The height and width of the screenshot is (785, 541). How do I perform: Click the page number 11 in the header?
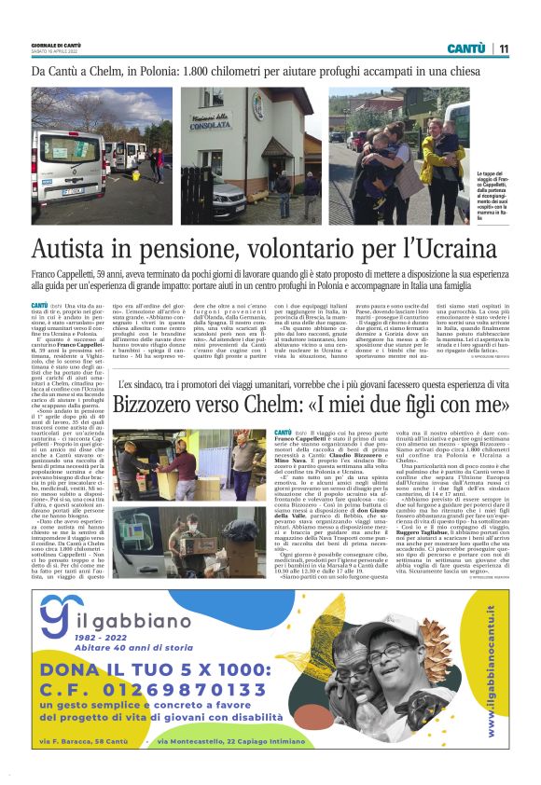[x=503, y=48]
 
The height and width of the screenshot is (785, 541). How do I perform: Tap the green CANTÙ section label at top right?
[x=465, y=48]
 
